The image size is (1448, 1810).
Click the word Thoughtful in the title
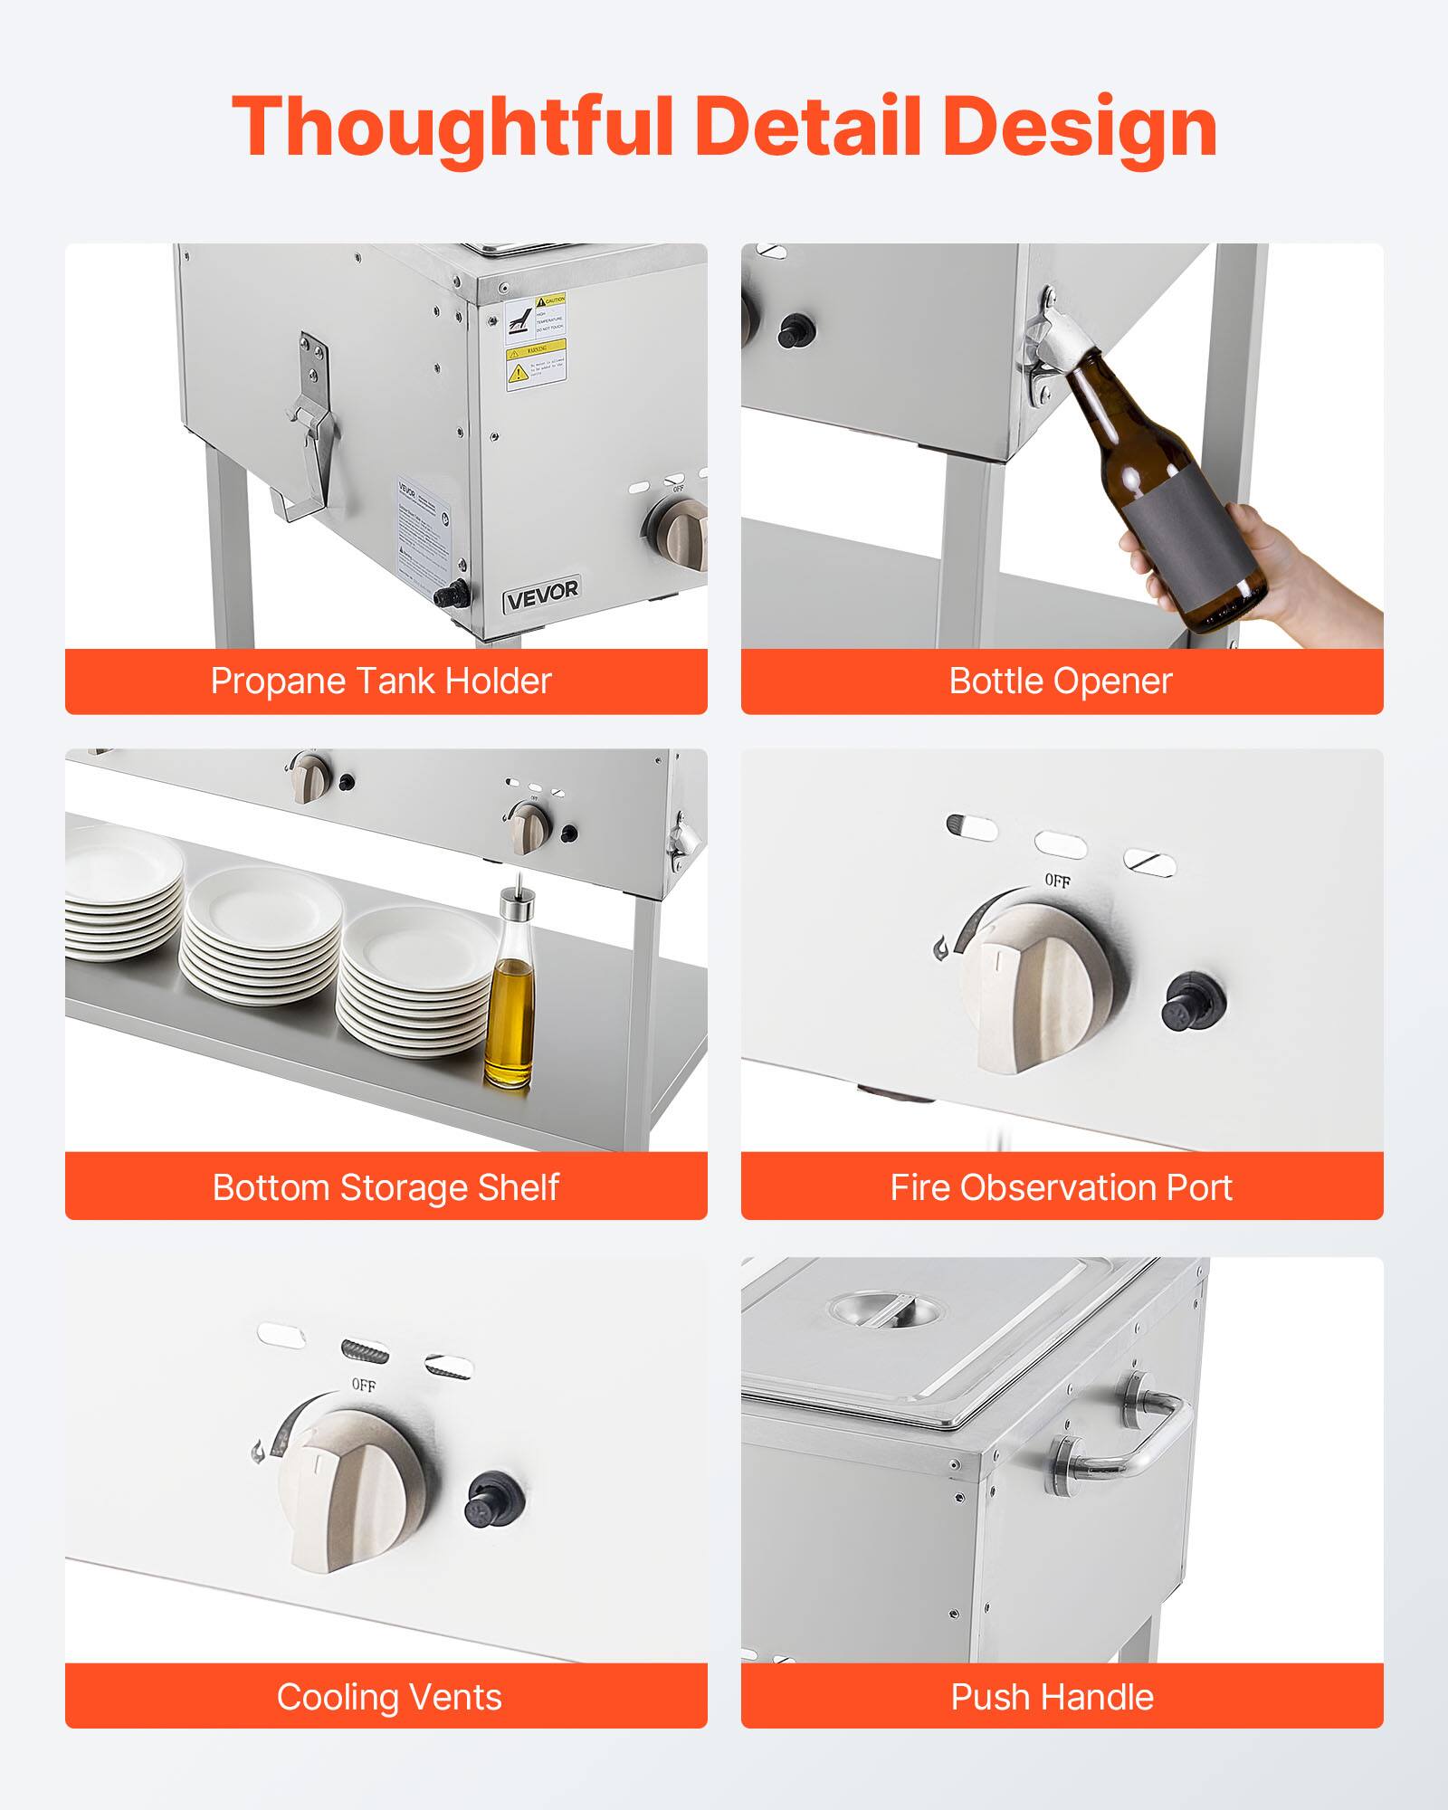pyautogui.click(x=452, y=127)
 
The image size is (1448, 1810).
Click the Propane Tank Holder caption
pyautogui.click(x=381, y=681)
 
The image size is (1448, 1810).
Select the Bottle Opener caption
pyautogui.click(x=1060, y=681)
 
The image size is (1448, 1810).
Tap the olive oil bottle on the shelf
pyautogui.click(x=509, y=1005)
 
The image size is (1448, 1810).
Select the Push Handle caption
pyautogui.click(x=1052, y=1697)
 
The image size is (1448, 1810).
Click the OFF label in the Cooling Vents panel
pyautogui.click(x=363, y=1386)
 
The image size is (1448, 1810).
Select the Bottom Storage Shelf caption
pyautogui.click(x=386, y=1187)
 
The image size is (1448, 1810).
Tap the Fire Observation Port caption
pyautogui.click(x=1061, y=1187)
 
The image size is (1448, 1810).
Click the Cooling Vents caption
pyautogui.click(x=389, y=1697)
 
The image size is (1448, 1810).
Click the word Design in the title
pyautogui.click(x=1079, y=127)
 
